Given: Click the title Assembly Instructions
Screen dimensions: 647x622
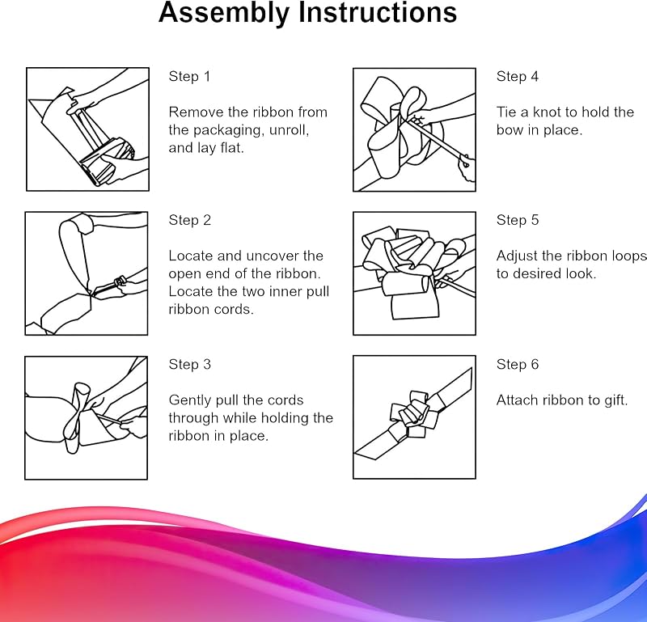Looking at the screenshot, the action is pyautogui.click(x=307, y=13).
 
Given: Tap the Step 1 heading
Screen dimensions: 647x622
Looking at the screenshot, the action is pyautogui.click(x=189, y=76).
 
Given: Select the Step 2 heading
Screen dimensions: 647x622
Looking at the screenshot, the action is pyautogui.click(x=190, y=220).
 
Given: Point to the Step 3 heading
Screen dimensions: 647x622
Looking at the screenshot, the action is pyautogui.click(x=190, y=365).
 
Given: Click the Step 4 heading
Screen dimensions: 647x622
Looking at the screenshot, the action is pyautogui.click(x=518, y=76).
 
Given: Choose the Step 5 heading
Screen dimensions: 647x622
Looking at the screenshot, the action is pyautogui.click(x=518, y=220).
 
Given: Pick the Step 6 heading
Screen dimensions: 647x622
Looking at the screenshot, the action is pyautogui.click(x=518, y=365).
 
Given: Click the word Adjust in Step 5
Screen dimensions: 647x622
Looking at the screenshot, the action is pyautogui.click(x=517, y=256).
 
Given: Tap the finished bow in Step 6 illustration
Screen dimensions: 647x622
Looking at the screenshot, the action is pyautogui.click(x=413, y=414).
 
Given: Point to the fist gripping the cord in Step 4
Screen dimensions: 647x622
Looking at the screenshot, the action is pyautogui.click(x=467, y=167).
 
